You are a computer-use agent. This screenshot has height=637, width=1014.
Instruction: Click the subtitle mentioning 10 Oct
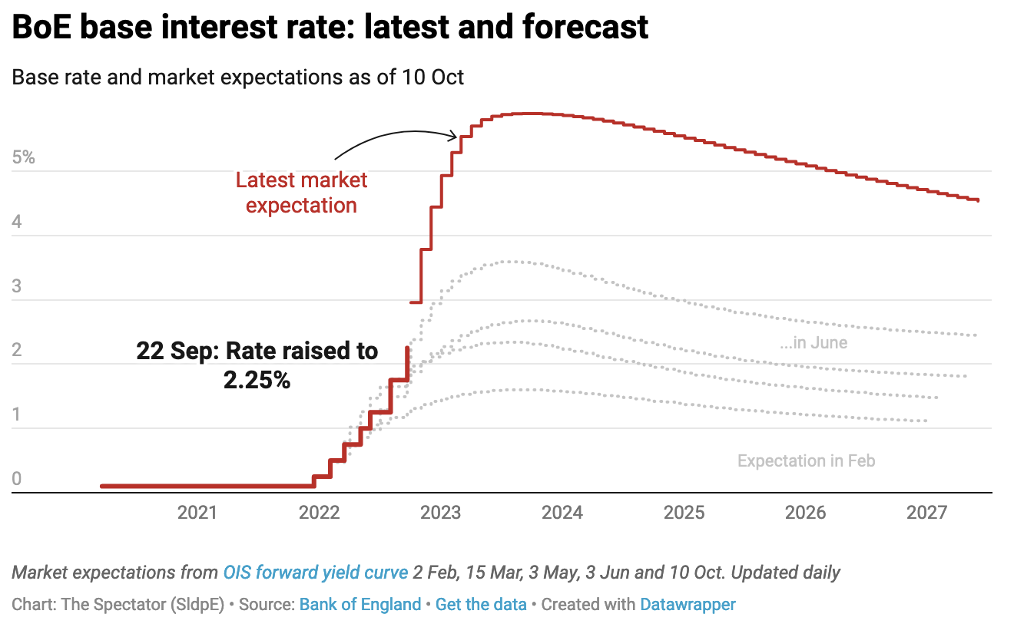click(238, 77)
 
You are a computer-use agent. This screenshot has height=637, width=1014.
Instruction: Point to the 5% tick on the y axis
click(24, 158)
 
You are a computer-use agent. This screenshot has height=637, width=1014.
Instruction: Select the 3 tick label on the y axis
click(18, 287)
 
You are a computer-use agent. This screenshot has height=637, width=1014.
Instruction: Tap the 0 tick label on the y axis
click(18, 480)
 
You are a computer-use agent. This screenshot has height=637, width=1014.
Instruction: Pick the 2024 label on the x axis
click(562, 512)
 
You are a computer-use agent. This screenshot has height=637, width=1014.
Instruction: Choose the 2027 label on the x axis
click(926, 512)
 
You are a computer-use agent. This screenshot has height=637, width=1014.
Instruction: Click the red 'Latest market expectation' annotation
click(301, 193)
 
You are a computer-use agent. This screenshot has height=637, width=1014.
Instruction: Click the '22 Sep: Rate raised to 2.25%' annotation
click(257, 365)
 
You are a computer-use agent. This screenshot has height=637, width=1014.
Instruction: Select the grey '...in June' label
click(814, 342)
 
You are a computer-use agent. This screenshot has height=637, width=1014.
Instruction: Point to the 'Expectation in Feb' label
click(806, 461)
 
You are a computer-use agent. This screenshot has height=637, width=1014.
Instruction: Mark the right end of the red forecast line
click(977, 200)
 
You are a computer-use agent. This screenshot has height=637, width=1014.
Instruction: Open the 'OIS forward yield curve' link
click(316, 573)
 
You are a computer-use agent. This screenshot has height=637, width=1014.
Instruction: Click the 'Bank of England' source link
click(360, 605)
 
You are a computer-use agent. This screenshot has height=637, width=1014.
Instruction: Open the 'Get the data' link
click(481, 605)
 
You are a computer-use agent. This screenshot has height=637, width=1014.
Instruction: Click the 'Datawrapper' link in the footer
click(688, 605)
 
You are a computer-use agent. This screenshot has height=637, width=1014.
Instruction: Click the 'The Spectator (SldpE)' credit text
click(142, 605)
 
